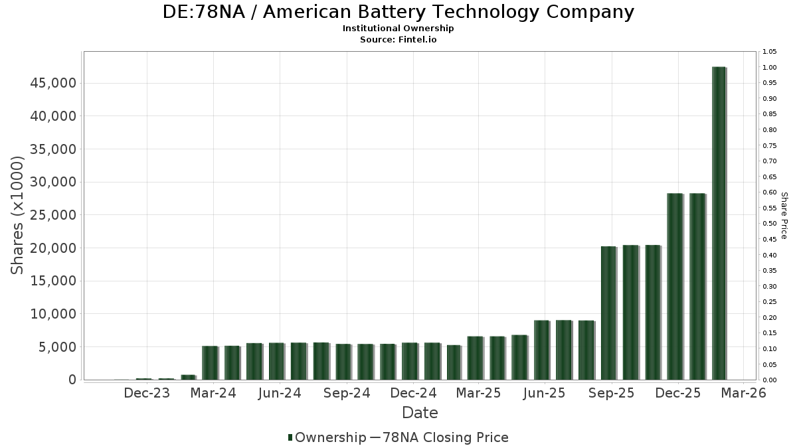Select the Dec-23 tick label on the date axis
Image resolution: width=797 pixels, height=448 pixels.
pyautogui.click(x=147, y=393)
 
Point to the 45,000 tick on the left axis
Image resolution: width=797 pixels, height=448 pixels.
pyautogui.click(x=52, y=83)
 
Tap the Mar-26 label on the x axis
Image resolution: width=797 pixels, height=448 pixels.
pyautogui.click(x=743, y=393)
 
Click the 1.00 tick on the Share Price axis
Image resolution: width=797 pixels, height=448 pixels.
pyautogui.click(x=770, y=68)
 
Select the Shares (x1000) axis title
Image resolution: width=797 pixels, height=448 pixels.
pyautogui.click(x=18, y=215)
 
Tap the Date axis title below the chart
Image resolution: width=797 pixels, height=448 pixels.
pyautogui.click(x=420, y=413)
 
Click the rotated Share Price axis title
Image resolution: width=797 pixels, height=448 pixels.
pyautogui.click(x=784, y=215)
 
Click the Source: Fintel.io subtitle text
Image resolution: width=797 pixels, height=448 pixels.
pyautogui.click(x=398, y=39)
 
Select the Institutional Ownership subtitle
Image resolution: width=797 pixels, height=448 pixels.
pyautogui.click(x=398, y=29)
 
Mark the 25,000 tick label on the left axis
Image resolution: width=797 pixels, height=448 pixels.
pyautogui.click(x=52, y=215)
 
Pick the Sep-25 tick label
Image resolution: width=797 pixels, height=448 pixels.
pyautogui.click(x=610, y=393)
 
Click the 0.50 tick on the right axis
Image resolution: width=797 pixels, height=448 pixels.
pyautogui.click(x=770, y=224)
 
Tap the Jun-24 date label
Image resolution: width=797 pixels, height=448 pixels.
pyautogui.click(x=280, y=393)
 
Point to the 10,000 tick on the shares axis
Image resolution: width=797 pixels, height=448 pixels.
pyautogui.click(x=52, y=314)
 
